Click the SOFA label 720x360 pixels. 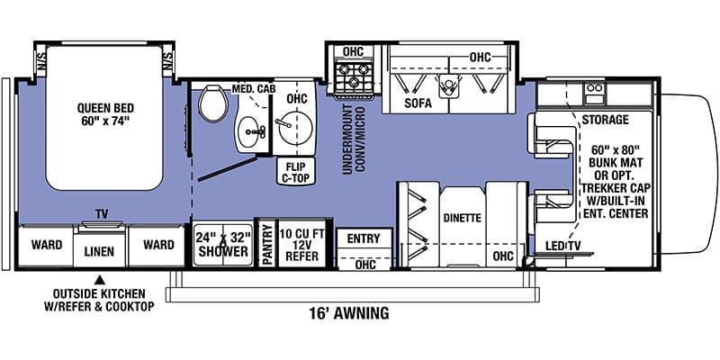pyautogui.click(x=418, y=103)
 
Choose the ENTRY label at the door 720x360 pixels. pyautogui.click(x=364, y=238)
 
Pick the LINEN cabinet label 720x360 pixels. pyautogui.click(x=100, y=254)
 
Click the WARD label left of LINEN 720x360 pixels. pyautogui.click(x=46, y=245)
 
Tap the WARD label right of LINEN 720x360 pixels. pyautogui.click(x=157, y=245)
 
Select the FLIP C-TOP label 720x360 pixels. pyautogui.click(x=295, y=171)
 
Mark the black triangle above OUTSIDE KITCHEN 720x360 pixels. pyautogui.click(x=101, y=278)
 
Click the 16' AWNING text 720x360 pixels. pyautogui.click(x=346, y=313)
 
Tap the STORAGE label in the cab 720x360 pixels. pyautogui.click(x=605, y=120)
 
